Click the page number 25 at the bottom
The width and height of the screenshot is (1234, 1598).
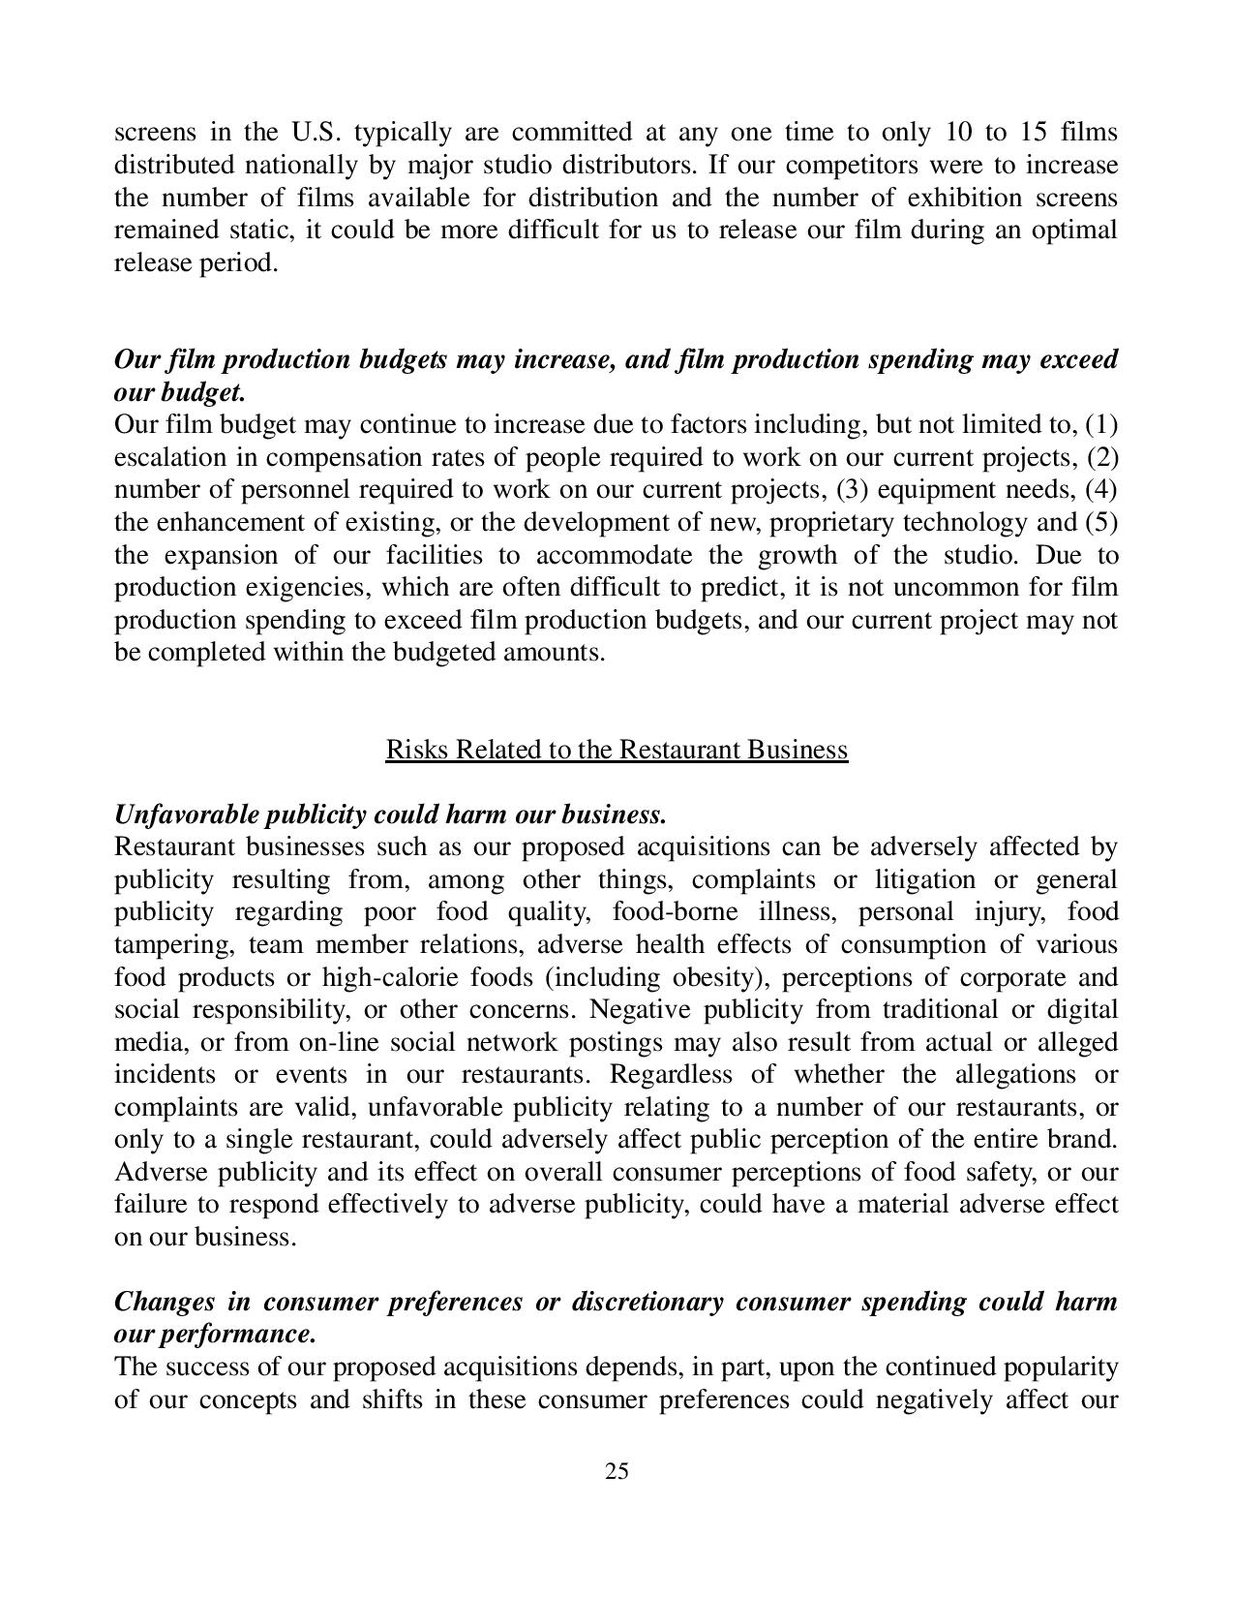tap(617, 1472)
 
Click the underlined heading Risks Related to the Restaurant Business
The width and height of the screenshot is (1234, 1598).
tap(617, 750)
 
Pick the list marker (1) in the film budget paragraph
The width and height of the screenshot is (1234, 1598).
tap(1101, 425)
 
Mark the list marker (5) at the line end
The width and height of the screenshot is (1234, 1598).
tap(1101, 523)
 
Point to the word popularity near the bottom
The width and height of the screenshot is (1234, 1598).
tap(1065, 1368)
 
